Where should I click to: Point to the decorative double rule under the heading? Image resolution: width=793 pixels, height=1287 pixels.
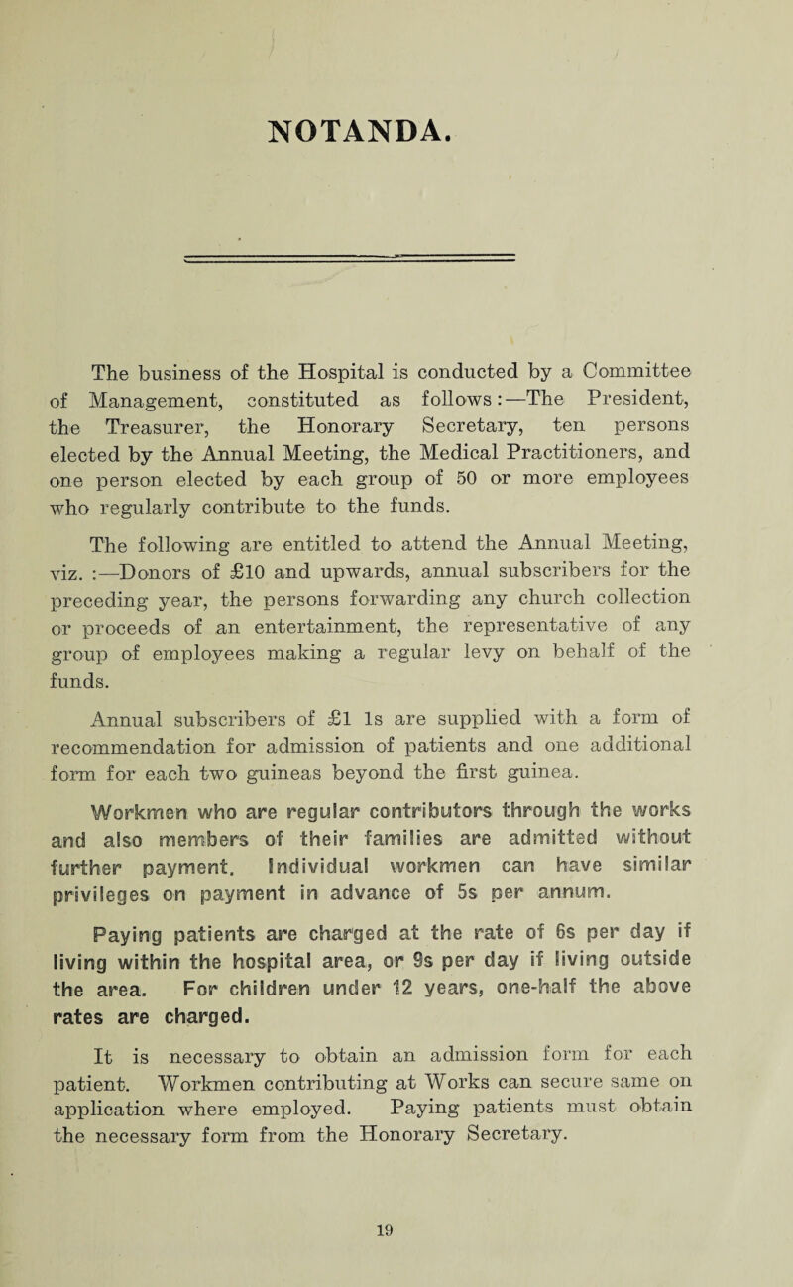pos(396,283)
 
